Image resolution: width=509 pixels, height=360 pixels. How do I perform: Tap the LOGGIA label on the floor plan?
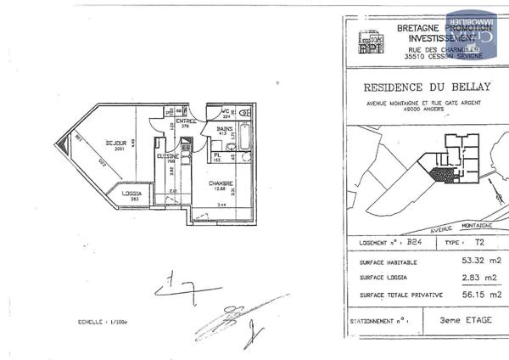(x=131, y=194)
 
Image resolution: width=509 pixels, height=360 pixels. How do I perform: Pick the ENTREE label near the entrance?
(x=187, y=121)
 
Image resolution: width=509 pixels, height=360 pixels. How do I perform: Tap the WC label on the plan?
(x=227, y=110)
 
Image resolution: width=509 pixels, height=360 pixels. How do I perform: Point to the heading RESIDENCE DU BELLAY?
(x=422, y=87)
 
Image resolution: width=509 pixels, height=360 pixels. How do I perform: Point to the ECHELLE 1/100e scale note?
(x=101, y=322)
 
